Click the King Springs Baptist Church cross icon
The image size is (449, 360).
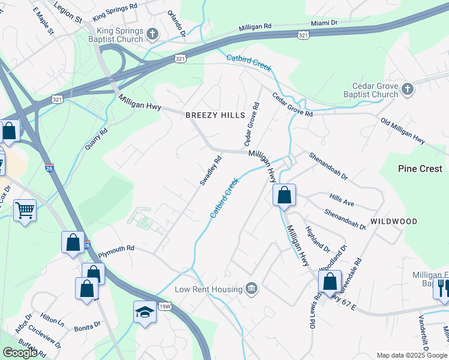153,34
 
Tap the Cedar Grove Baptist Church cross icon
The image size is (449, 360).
408,89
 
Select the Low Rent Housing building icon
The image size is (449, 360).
252,289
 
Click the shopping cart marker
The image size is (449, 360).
25,210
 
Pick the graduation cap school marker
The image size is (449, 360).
144,312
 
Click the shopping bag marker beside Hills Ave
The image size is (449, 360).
284,195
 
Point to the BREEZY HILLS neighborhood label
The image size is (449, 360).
215,115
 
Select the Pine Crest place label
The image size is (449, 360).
420,169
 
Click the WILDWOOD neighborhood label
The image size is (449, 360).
394,221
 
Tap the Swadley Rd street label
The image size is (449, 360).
211,170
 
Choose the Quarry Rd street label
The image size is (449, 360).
96,139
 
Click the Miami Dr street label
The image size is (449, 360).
324,23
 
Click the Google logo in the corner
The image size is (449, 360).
20,353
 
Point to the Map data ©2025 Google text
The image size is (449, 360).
412,355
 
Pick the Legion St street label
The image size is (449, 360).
68,11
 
